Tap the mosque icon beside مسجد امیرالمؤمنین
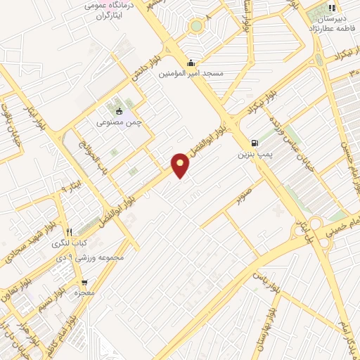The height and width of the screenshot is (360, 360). point(192,63)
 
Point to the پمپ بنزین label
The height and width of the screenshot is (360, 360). point(253,153)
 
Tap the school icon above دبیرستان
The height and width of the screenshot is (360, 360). point(330,9)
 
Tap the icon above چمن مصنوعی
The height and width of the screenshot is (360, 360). point(119,110)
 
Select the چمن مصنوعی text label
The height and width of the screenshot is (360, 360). point(119,122)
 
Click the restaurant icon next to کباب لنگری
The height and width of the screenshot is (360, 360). point(69,232)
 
